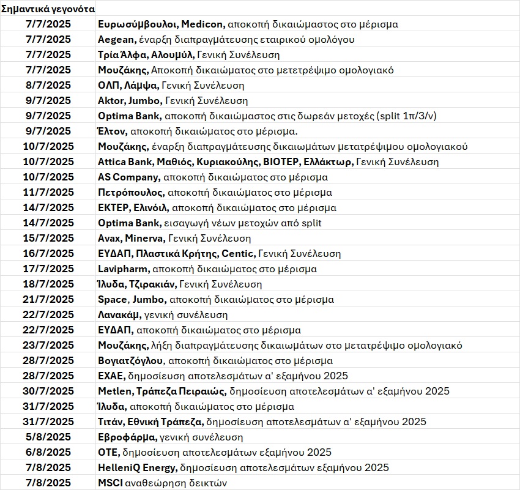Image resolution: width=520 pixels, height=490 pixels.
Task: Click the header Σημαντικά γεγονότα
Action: coord(48,9)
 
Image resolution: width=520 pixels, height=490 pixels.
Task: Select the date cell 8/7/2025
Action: coord(48,86)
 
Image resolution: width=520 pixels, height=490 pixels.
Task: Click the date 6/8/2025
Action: coord(48,453)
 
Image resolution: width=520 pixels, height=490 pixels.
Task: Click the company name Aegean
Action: coord(114,40)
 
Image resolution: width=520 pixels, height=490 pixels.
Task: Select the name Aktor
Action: coord(111,101)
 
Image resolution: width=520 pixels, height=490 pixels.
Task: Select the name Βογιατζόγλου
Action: coord(131,361)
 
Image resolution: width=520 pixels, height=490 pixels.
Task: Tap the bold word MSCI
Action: coord(110,483)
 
